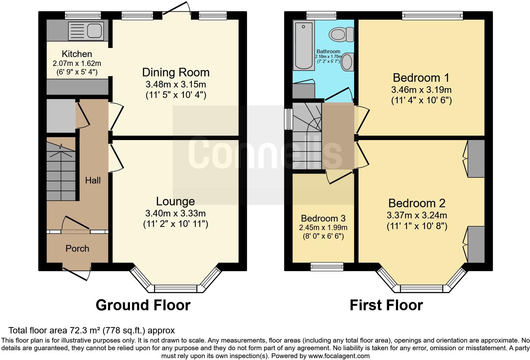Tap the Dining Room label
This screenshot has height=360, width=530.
pos(176,72)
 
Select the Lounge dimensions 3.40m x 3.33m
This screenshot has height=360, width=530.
pos(175,213)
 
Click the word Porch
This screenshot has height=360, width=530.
pos(77,248)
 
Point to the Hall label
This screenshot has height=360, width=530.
pos(93,180)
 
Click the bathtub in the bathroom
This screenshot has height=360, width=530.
pos(304,45)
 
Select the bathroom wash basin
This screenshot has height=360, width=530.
pos(347,62)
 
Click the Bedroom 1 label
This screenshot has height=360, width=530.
pos(421,78)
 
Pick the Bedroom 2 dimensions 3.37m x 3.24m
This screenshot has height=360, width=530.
pos(417,215)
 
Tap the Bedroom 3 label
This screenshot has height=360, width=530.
pos(323,218)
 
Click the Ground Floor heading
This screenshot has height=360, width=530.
pos(143,305)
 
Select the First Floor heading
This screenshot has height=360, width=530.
pos(386,305)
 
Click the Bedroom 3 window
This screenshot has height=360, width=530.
pos(327,267)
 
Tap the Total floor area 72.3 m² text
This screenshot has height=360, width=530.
pos(91,331)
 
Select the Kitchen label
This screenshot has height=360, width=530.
pos(77,54)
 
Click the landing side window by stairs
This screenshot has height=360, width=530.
pos(288,119)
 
